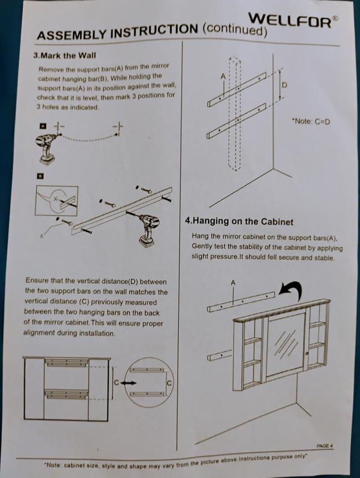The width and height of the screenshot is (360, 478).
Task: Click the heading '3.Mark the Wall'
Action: click(65, 56)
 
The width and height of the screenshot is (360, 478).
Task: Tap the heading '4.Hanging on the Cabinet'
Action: click(239, 221)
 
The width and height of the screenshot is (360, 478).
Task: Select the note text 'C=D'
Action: click(322, 122)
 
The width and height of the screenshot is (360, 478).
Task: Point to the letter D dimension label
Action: click(284, 85)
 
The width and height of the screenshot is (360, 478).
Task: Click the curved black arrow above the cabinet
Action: click(291, 289)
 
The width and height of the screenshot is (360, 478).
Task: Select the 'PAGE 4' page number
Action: click(325, 446)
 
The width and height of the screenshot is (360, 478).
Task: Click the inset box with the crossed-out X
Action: click(57, 201)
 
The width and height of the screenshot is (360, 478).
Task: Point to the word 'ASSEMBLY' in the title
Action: click(71, 34)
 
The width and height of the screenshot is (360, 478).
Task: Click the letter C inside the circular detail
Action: click(169, 382)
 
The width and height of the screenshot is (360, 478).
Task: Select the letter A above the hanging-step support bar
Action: click(233, 283)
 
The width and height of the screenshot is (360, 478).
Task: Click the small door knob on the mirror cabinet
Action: click(307, 353)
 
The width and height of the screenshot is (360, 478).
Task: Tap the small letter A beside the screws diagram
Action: click(41, 235)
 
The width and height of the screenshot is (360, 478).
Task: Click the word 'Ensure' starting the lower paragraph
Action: click(36, 280)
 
